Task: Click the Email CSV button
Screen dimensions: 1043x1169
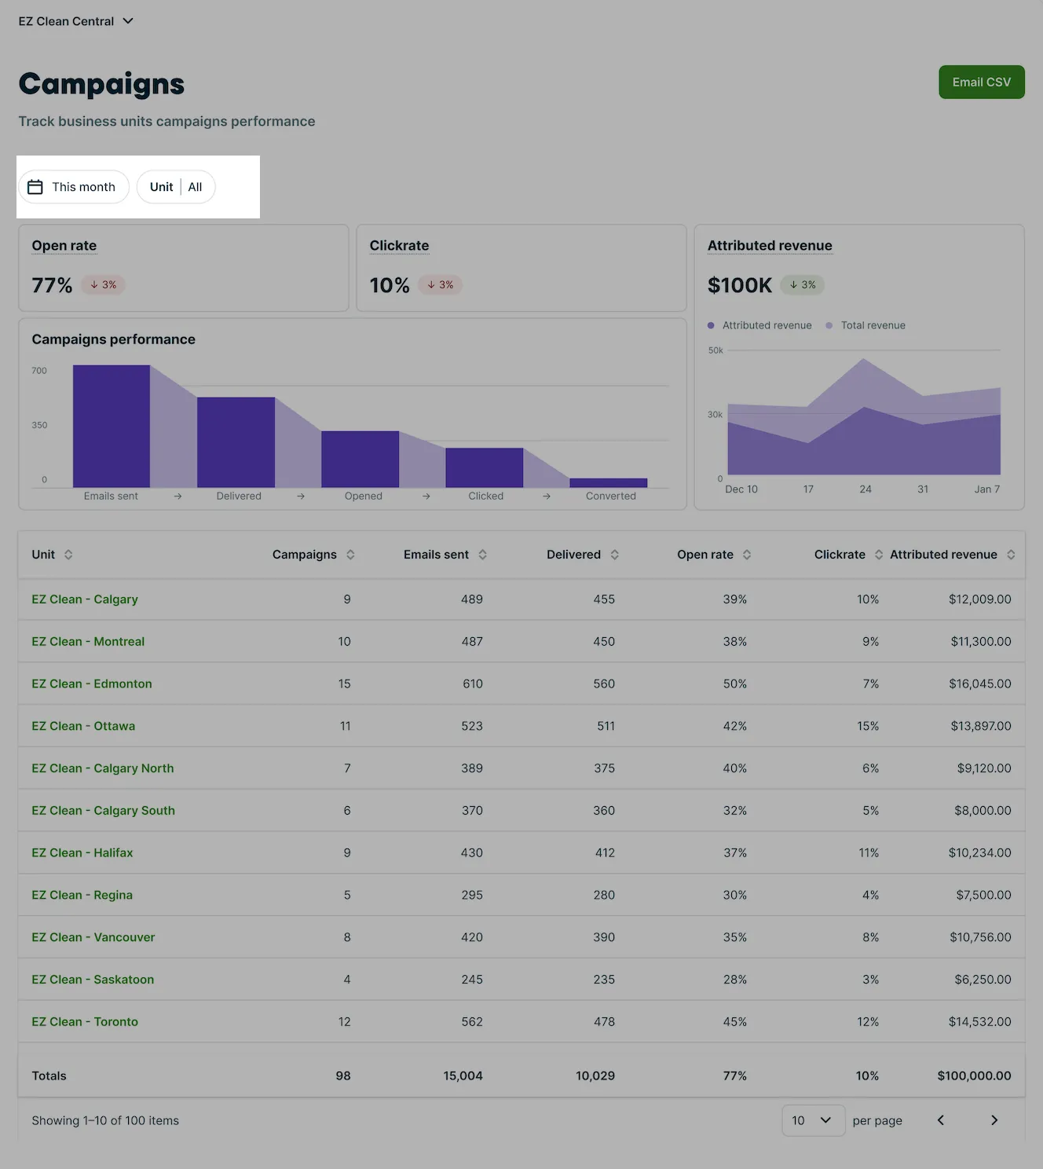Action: tap(981, 82)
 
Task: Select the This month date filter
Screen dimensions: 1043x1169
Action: tap(73, 187)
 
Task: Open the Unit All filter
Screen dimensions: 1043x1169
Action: tap(176, 187)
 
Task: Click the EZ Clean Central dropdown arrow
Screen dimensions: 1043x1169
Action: tap(128, 21)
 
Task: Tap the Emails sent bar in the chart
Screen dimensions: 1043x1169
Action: tap(112, 427)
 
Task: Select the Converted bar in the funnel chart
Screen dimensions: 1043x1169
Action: tap(608, 483)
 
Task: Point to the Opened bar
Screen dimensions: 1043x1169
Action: tap(360, 460)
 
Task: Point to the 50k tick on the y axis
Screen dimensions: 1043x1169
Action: tap(715, 350)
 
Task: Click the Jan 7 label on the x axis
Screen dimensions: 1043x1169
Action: tap(987, 489)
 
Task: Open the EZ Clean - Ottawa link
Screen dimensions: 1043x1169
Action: tap(83, 726)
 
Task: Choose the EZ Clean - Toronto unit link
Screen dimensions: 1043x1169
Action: tap(85, 1022)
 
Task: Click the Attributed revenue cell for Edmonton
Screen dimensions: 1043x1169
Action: tap(979, 683)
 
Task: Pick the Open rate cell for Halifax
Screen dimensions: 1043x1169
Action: tap(735, 853)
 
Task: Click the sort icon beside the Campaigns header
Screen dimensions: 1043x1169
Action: tap(350, 555)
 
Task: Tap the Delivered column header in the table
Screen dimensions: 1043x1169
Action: tap(573, 555)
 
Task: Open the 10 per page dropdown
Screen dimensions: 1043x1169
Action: tap(813, 1120)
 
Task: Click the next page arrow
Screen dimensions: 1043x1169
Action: tap(994, 1120)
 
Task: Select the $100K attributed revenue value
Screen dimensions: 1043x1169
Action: tap(740, 285)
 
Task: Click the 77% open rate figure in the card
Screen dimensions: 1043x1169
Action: tap(52, 285)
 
